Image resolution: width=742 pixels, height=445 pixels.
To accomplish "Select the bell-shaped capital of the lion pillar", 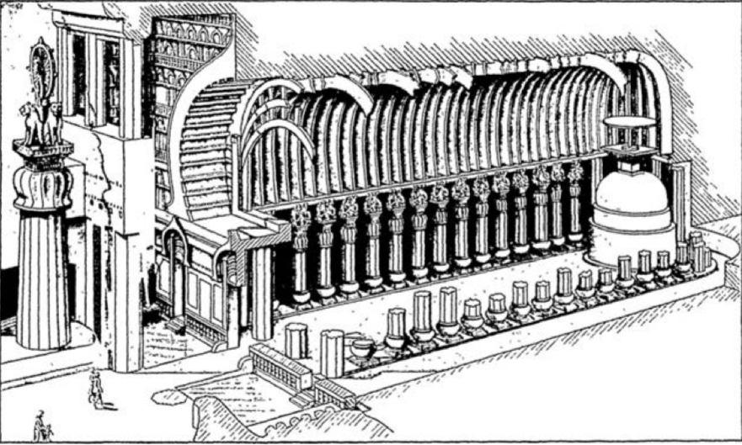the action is tap(42, 181).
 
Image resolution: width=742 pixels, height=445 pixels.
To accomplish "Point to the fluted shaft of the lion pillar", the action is tap(42, 278).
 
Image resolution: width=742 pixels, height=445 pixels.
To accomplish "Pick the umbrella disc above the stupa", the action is tap(629, 123).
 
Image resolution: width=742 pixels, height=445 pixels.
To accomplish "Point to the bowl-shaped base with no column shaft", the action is tap(362, 346).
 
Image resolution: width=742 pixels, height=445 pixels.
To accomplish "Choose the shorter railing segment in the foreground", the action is tap(335, 391).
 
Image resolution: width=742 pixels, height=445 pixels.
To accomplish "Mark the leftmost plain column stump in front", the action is tap(296, 340).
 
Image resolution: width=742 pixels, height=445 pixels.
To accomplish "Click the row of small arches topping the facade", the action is tap(190, 34).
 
